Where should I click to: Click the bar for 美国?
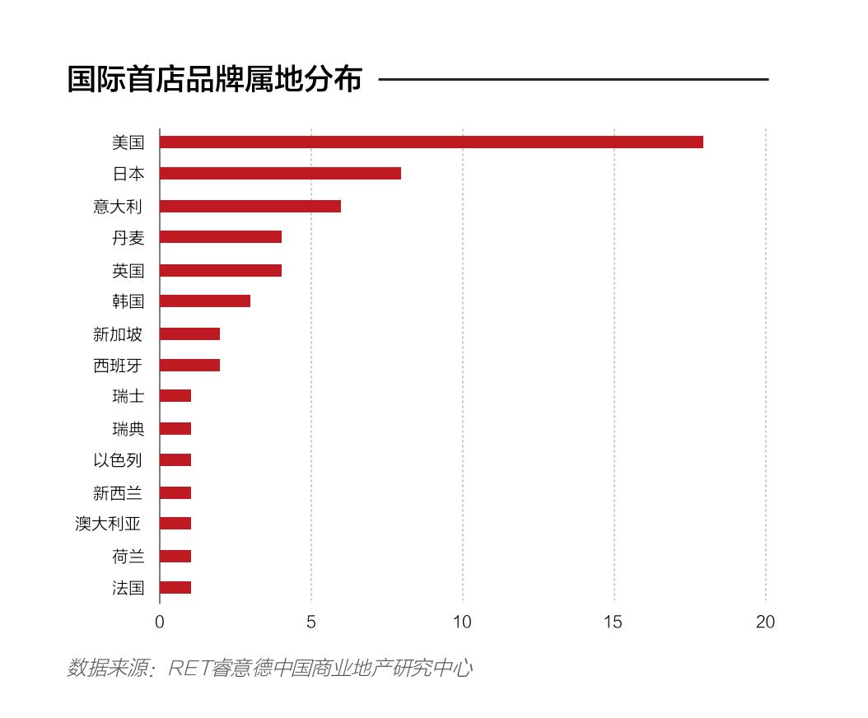tap(431, 142)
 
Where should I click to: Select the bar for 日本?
tap(280, 173)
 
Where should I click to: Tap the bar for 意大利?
tap(250, 206)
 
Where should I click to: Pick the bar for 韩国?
tap(204, 301)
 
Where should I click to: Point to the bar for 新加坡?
tap(189, 333)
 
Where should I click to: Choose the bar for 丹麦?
tap(220, 237)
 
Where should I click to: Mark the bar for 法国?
tap(175, 587)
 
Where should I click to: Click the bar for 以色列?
tap(175, 459)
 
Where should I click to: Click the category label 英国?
tap(128, 270)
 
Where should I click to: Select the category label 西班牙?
tap(118, 366)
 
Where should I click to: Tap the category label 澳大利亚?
tap(108, 524)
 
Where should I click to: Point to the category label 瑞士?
tap(128, 396)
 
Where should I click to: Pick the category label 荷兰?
tap(128, 556)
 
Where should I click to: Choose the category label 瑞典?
tap(128, 428)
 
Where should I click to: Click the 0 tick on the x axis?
tap(160, 622)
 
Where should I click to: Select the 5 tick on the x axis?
tap(311, 622)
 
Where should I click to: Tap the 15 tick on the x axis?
tap(614, 622)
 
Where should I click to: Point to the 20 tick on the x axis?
tap(765, 622)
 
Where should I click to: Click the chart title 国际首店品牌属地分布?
tap(214, 80)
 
